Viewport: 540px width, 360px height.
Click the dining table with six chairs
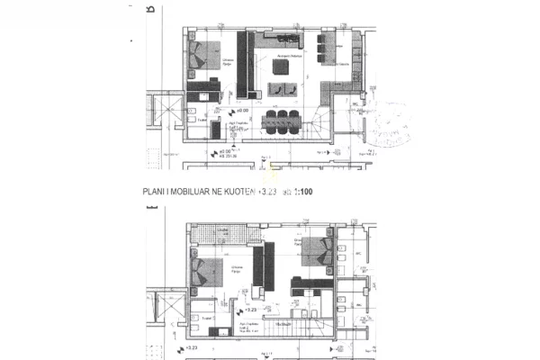pyautogui.click(x=283, y=120)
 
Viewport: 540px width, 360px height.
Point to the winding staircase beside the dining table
pyautogui.click(x=342, y=122)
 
